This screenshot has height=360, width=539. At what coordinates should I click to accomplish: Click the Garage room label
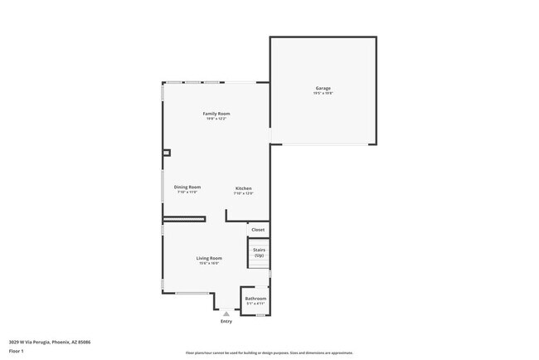pos(323,88)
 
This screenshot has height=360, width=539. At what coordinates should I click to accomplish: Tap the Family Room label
pos(216,113)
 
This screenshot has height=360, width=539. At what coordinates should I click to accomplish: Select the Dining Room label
pos(187,187)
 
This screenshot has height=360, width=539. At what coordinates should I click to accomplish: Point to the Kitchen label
pos(243,188)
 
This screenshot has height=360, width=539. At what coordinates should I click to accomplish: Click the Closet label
pos(258,229)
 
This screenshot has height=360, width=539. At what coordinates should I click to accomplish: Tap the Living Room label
pos(209,258)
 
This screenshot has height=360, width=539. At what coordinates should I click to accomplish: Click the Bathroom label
pos(255,298)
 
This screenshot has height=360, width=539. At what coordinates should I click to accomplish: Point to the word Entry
pos(226,321)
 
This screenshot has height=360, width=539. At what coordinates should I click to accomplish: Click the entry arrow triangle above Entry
pos(226,313)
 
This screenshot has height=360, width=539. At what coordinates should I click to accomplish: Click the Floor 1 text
pos(16,351)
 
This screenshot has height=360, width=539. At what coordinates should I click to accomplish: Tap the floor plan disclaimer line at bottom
pos(269,353)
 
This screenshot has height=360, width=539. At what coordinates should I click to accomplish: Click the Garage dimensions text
pos(323,94)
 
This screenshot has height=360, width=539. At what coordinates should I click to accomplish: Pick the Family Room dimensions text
pos(216,119)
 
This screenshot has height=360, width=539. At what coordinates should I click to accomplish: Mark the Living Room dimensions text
pos(209,264)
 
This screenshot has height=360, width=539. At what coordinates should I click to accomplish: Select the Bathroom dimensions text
pos(255,304)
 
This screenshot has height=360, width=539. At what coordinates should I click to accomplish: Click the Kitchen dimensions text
pos(243,193)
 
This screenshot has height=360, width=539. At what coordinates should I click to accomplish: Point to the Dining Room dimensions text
pos(187,192)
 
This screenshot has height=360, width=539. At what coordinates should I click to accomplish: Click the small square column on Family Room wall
pos(166,153)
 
